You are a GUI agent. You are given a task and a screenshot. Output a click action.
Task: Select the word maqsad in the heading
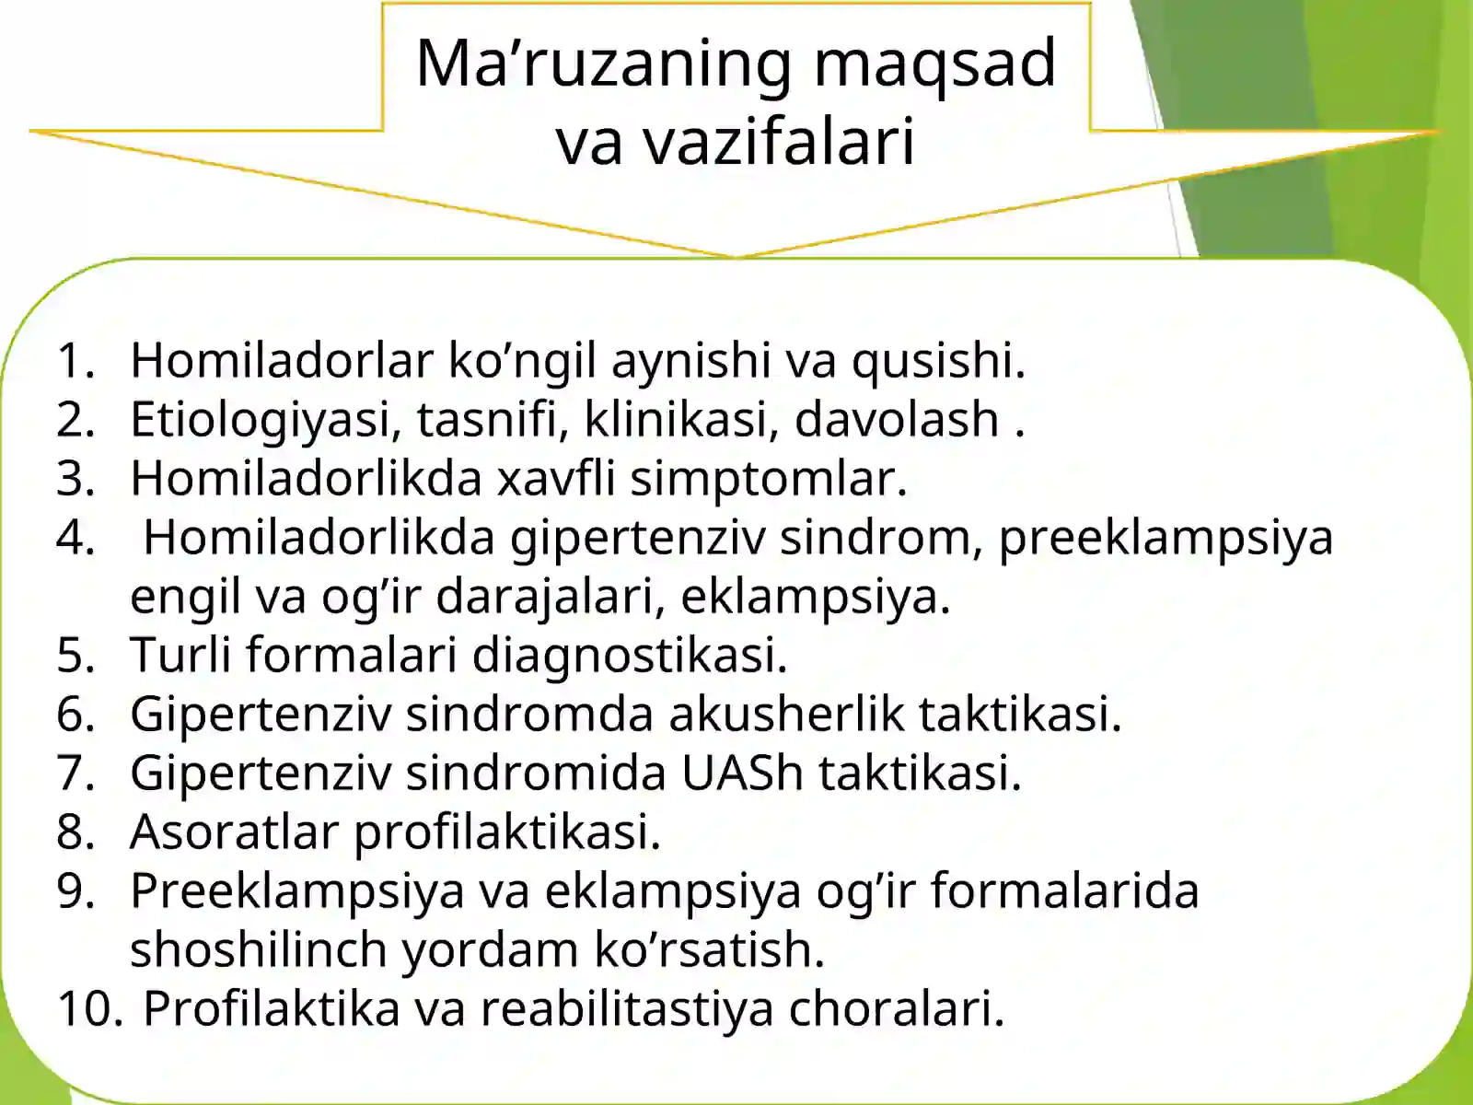coord(935,64)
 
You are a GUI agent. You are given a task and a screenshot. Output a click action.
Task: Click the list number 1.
coord(75,360)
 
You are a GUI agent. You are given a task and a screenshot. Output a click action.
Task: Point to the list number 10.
coord(88,1008)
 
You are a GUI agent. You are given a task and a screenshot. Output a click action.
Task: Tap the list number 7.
coord(75,773)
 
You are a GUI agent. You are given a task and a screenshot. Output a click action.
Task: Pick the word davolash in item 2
coord(897,419)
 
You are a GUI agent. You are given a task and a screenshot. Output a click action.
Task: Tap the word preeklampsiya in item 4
coord(1166,538)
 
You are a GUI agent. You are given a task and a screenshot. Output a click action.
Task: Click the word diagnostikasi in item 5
coord(630,655)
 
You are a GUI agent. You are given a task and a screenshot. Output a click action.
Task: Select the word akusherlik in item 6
coord(786,714)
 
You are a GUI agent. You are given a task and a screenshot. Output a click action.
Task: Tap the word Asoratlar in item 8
coord(234,832)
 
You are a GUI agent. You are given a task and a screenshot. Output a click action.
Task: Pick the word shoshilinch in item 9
coord(258,949)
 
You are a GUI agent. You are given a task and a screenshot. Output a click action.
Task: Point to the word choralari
coord(895,1008)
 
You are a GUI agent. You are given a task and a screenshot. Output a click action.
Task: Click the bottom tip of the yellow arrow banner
coord(736,256)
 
